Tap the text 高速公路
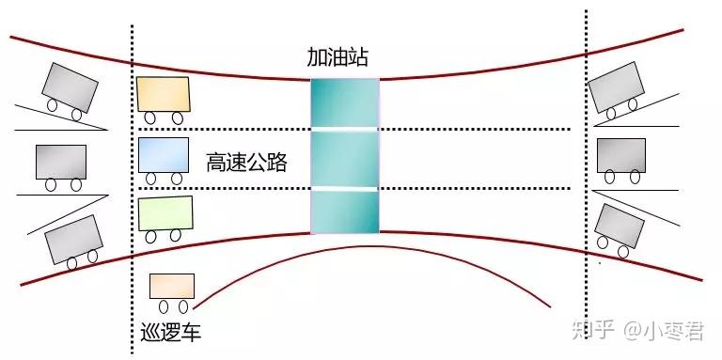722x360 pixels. click(x=246, y=163)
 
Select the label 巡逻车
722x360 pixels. click(x=170, y=333)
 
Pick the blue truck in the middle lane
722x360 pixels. click(x=163, y=154)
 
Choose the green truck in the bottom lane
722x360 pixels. click(x=165, y=213)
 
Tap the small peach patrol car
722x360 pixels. click(x=172, y=286)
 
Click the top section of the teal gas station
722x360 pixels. click(x=345, y=102)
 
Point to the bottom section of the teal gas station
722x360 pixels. click(x=345, y=211)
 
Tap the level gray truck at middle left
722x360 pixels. click(x=61, y=162)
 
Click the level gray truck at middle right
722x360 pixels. click(x=621, y=154)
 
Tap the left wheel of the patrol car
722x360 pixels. click(x=164, y=306)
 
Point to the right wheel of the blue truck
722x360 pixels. click(x=176, y=179)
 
